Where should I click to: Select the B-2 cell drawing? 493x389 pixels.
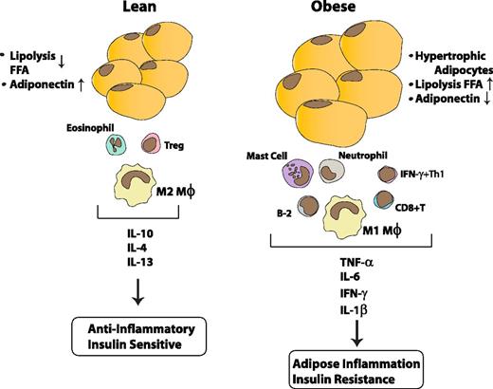pyautogui.click(x=283, y=208)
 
